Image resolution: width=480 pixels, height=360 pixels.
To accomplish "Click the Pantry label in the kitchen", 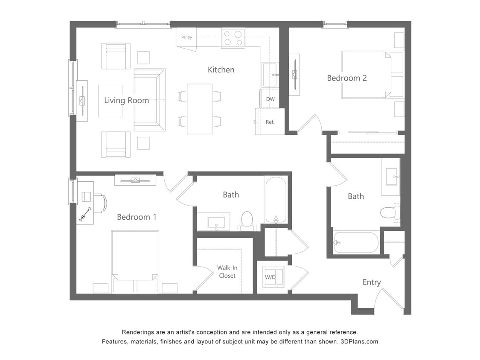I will tap(186, 38).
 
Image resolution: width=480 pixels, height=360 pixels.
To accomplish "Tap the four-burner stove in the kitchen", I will tap(233, 38).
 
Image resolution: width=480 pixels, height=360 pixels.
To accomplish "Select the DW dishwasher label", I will tap(270, 99).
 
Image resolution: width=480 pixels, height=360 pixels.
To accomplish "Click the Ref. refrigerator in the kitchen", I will tap(270, 122).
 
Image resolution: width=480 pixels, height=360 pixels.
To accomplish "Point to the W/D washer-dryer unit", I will tap(271, 277).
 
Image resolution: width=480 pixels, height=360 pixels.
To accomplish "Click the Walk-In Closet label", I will tap(227, 272).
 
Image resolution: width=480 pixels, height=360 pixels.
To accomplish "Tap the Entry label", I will tap(371, 282).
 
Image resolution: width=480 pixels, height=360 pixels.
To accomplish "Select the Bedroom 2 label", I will tap(346, 78).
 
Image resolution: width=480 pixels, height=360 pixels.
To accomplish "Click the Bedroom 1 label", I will tap(137, 217).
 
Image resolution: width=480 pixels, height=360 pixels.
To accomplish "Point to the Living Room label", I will tap(126, 101).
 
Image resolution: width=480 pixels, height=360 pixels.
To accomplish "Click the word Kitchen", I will tap(221, 70).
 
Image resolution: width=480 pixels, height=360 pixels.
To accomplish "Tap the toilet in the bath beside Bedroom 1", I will tap(247, 220).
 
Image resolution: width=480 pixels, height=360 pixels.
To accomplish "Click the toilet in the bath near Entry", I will tap(389, 212).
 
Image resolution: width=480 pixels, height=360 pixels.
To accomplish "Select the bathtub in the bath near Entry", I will tap(356, 242).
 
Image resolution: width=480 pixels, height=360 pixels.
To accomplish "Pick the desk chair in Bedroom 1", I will tap(100, 203).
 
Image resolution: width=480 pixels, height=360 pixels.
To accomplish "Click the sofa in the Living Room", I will tap(149, 99).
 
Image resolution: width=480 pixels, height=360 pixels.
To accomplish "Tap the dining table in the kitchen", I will tap(200, 109).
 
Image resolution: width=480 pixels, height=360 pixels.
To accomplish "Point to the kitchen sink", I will tap(270, 75).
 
